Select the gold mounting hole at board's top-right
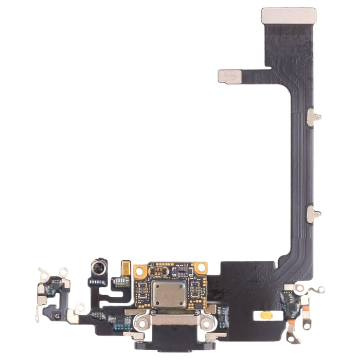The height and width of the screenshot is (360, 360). (200, 268)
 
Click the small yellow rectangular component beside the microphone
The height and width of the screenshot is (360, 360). (125, 268)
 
